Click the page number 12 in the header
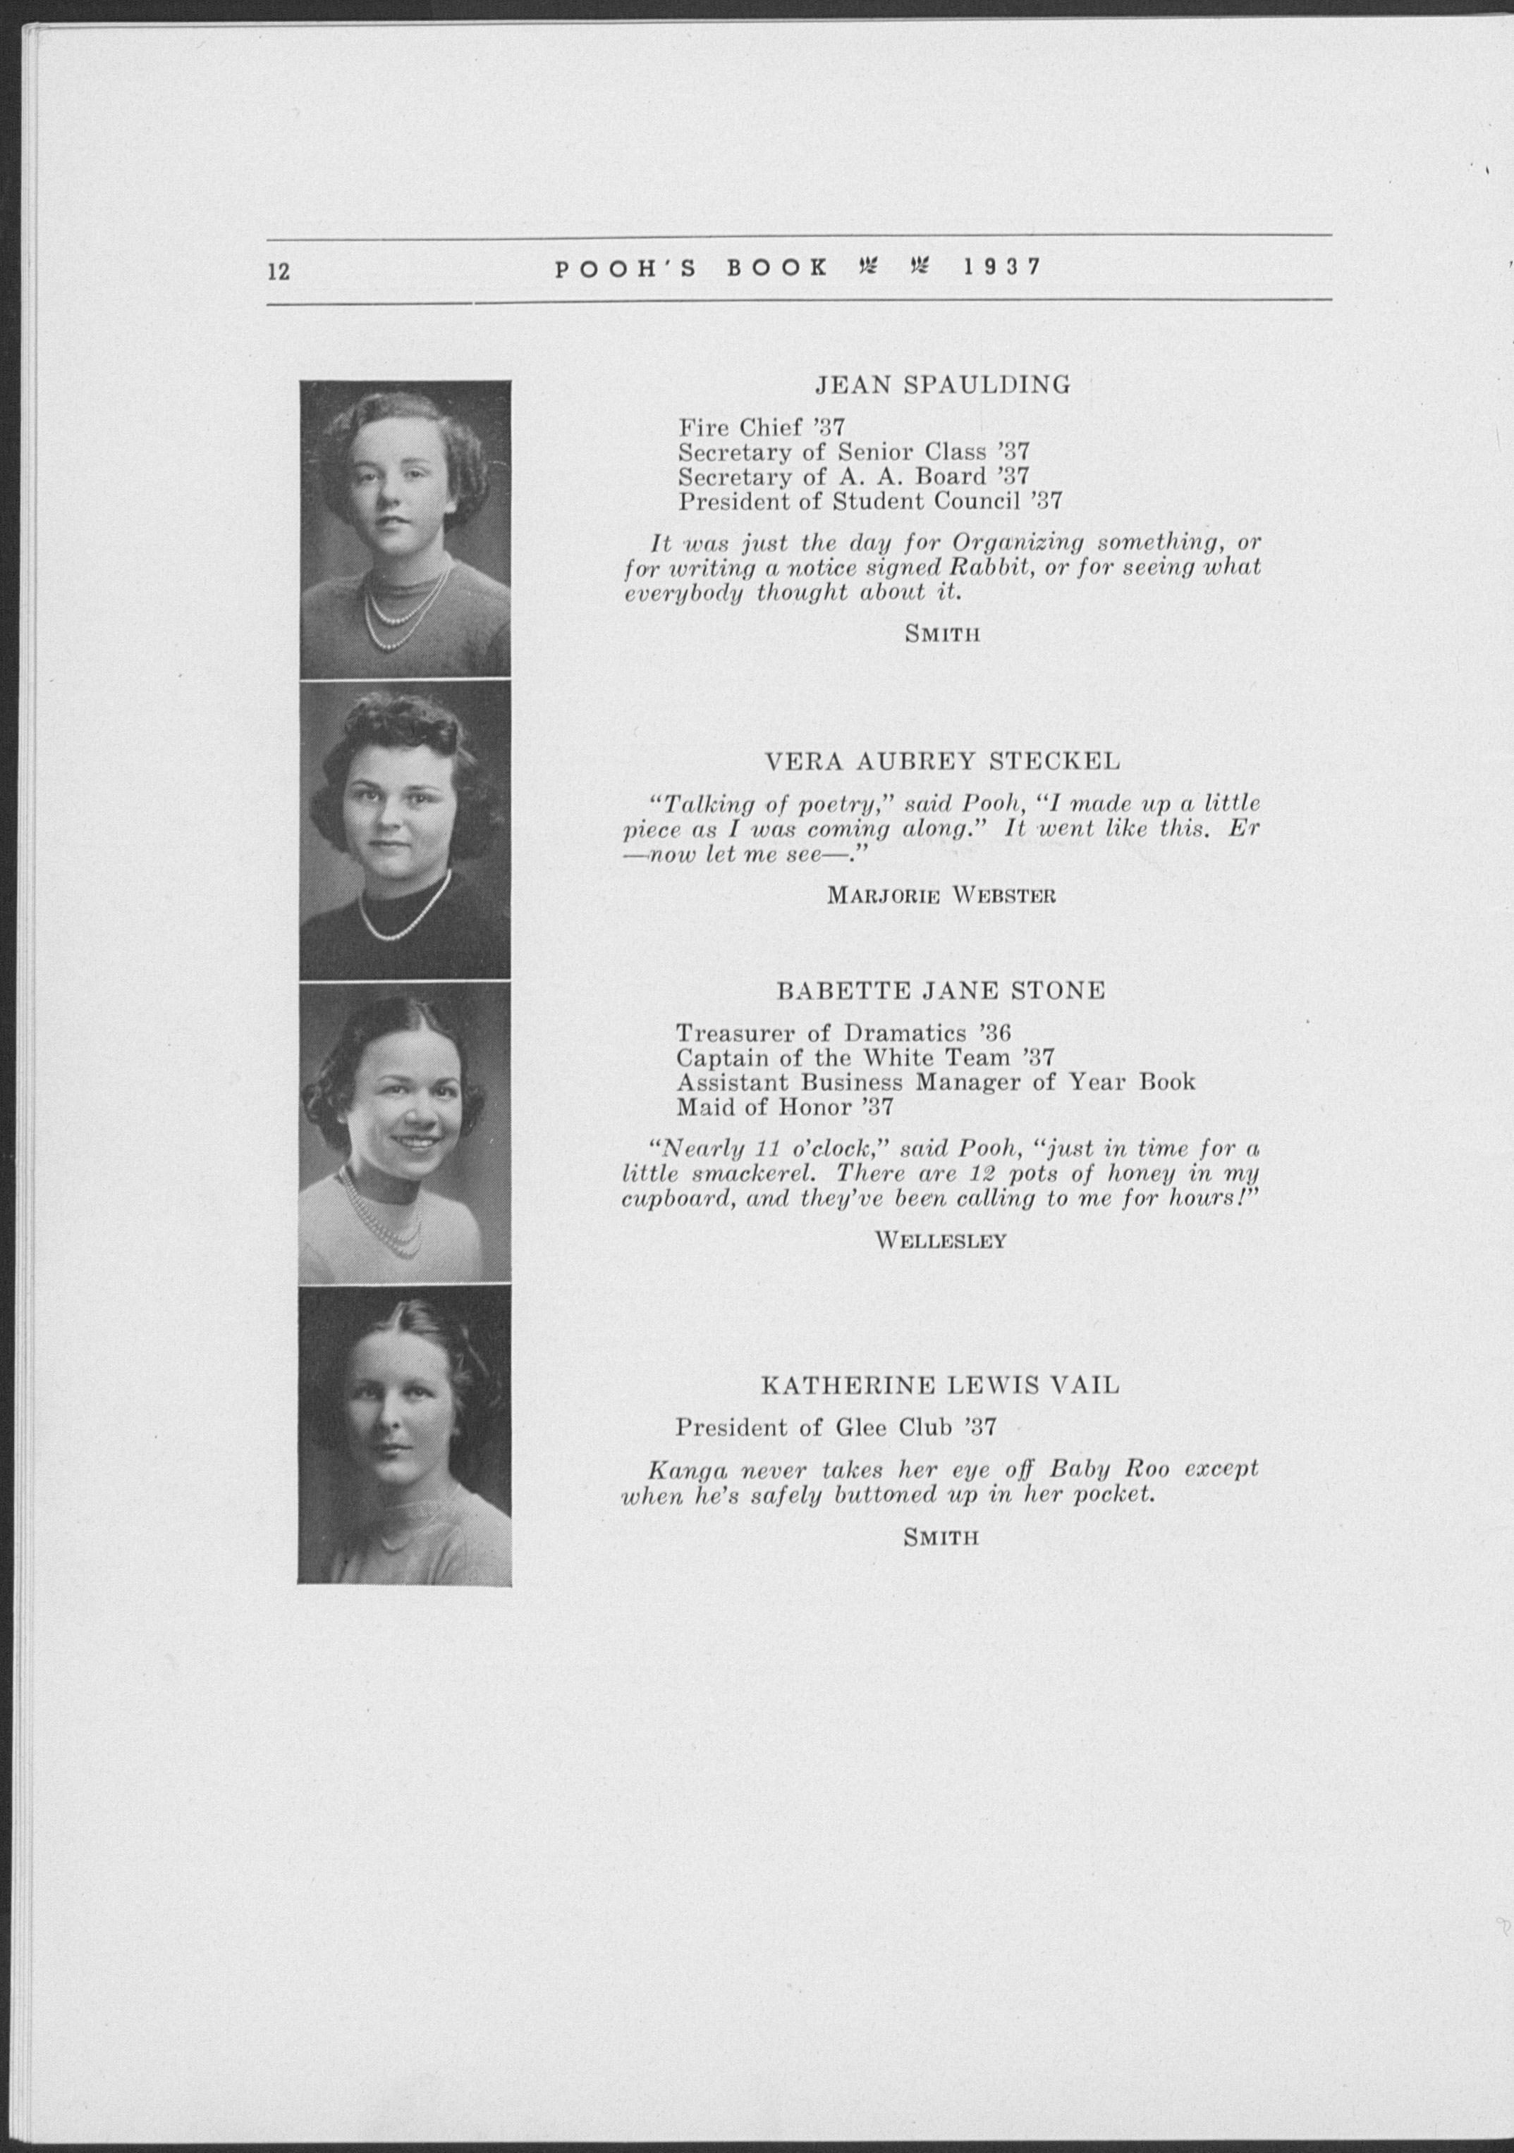[x=279, y=271]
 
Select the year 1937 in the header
[x=1002, y=267]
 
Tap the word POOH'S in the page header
[x=625, y=269]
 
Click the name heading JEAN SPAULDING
[x=942, y=385]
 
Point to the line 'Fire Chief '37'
[x=762, y=428]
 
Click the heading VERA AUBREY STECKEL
[x=943, y=761]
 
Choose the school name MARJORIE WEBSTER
[x=942, y=896]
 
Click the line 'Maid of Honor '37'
[x=784, y=1106]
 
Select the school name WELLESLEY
[x=941, y=1240]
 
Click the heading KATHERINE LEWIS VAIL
[x=940, y=1385]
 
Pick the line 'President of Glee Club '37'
[x=835, y=1428]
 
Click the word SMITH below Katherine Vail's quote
[x=941, y=1538]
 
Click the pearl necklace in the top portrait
[x=406, y=615]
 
